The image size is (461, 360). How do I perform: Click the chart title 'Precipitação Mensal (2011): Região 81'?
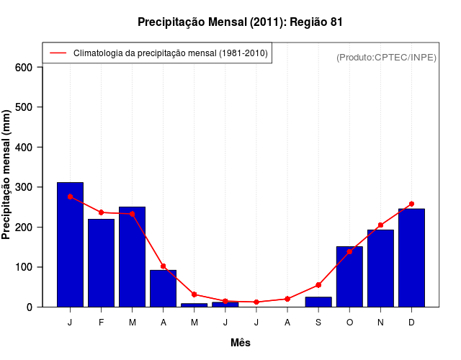tap(240, 22)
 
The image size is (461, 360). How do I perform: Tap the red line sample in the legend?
tap(58, 53)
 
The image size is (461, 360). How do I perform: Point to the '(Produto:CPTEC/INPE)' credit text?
tap(386, 58)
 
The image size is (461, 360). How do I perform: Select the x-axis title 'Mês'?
tap(241, 343)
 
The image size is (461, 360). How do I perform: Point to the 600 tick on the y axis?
tap(24, 68)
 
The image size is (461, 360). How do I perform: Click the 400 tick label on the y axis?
tap(24, 148)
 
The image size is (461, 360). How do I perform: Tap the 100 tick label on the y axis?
tap(24, 267)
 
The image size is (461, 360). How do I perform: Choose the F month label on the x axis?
tap(101, 323)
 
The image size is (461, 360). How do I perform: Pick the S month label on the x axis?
tap(318, 323)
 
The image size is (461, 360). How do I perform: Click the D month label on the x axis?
tap(411, 323)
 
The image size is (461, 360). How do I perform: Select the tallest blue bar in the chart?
tap(70, 245)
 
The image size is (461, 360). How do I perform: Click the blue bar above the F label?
tap(101, 263)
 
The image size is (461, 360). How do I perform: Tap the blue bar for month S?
tap(318, 302)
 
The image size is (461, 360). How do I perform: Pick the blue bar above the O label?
tap(349, 276)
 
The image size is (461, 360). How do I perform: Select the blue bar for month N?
tap(380, 268)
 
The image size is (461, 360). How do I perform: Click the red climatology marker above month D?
tap(411, 204)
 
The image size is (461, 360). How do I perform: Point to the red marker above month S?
tap(318, 285)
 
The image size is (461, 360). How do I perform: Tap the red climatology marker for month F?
tap(101, 212)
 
